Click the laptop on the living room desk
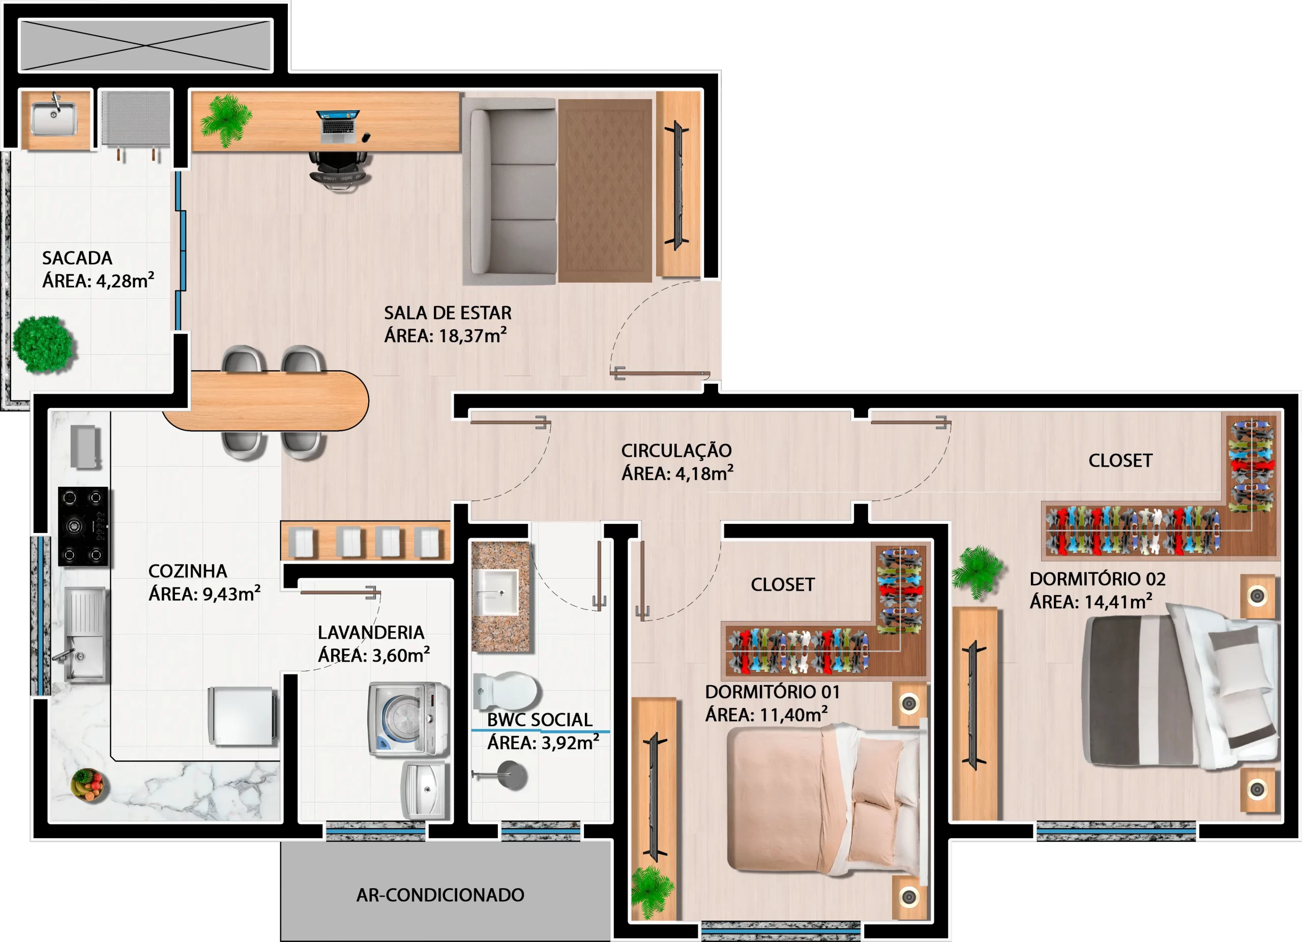(338, 126)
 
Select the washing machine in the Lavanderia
(408, 718)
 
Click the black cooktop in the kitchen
(83, 526)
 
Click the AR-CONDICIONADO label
(440, 895)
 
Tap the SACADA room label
(77, 258)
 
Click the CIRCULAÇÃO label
(676, 451)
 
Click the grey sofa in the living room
(510, 192)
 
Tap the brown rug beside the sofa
(605, 191)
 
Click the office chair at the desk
(340, 170)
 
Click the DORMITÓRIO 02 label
(1098, 579)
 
